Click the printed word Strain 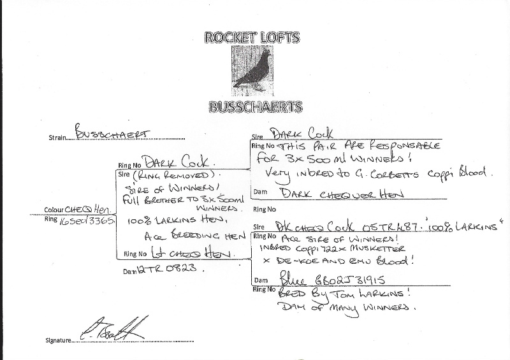tap(57, 137)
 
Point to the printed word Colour tap(54, 210)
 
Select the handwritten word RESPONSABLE tap(405, 145)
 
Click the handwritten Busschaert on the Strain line tap(108, 134)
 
